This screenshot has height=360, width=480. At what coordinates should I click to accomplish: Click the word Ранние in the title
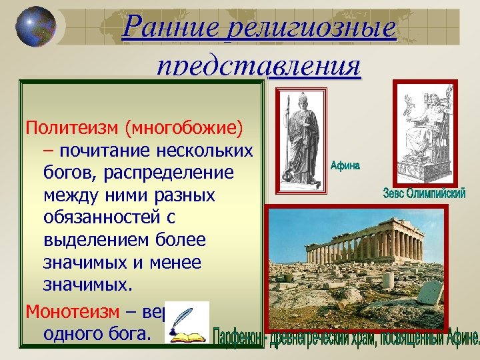172,27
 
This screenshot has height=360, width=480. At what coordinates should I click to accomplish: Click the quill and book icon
186,323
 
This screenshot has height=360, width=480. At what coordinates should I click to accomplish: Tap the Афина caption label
345,165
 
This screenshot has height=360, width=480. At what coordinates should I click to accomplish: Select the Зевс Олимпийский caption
425,194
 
